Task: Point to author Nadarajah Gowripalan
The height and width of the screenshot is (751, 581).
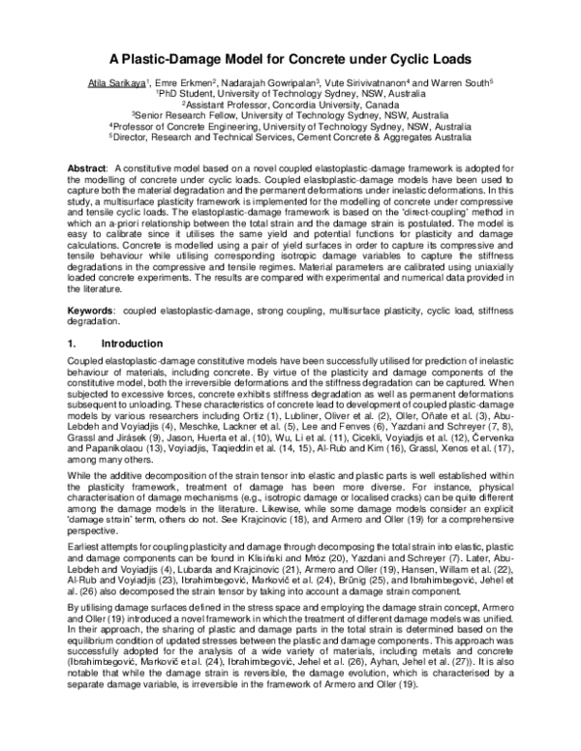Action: click(286, 84)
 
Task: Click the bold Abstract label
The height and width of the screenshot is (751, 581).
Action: click(86, 167)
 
